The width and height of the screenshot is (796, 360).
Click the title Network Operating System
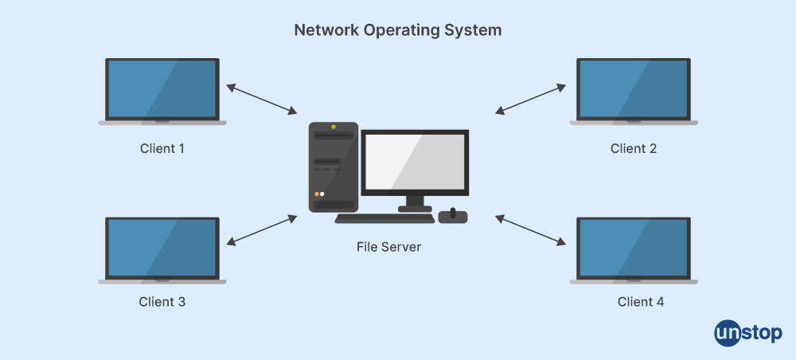(x=398, y=30)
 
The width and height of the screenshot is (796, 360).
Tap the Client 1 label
(x=162, y=148)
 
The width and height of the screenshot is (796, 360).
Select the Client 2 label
(x=633, y=148)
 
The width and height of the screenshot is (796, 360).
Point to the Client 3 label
(x=162, y=302)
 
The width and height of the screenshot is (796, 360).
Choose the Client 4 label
(x=640, y=302)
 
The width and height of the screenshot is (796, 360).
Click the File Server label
(x=388, y=247)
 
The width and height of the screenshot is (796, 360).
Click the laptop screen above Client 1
(x=162, y=89)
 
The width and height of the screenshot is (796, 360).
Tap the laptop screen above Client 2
(x=633, y=89)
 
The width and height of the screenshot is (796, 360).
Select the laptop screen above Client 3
(x=162, y=247)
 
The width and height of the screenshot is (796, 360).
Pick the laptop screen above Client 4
(x=633, y=247)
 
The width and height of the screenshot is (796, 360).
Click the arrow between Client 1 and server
(x=262, y=98)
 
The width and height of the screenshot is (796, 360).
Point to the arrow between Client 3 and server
(x=262, y=229)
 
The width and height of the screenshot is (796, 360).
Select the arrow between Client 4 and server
(x=532, y=229)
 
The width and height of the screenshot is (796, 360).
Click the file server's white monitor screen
(x=414, y=162)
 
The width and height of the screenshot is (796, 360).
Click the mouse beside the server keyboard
(x=453, y=216)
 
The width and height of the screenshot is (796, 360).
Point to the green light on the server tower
(x=334, y=127)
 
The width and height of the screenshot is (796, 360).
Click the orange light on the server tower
(x=317, y=194)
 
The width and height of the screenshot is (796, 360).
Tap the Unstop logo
(x=748, y=331)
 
